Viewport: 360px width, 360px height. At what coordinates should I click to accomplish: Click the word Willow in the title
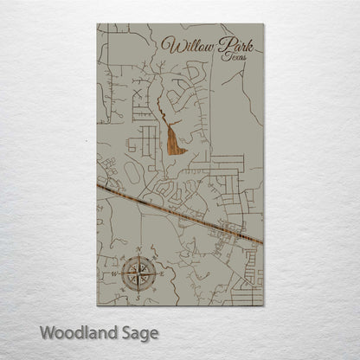tap(187, 45)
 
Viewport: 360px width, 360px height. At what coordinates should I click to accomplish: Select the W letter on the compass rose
tap(117, 274)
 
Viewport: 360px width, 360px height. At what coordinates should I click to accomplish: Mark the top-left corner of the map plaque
tap(97, 24)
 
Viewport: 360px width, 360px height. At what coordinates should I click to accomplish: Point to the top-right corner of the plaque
tap(263, 24)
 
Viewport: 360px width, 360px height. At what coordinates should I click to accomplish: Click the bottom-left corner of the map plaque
tap(97, 305)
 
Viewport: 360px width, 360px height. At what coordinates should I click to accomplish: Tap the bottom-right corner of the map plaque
tap(263, 305)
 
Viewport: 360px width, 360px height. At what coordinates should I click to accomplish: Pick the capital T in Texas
tap(223, 56)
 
